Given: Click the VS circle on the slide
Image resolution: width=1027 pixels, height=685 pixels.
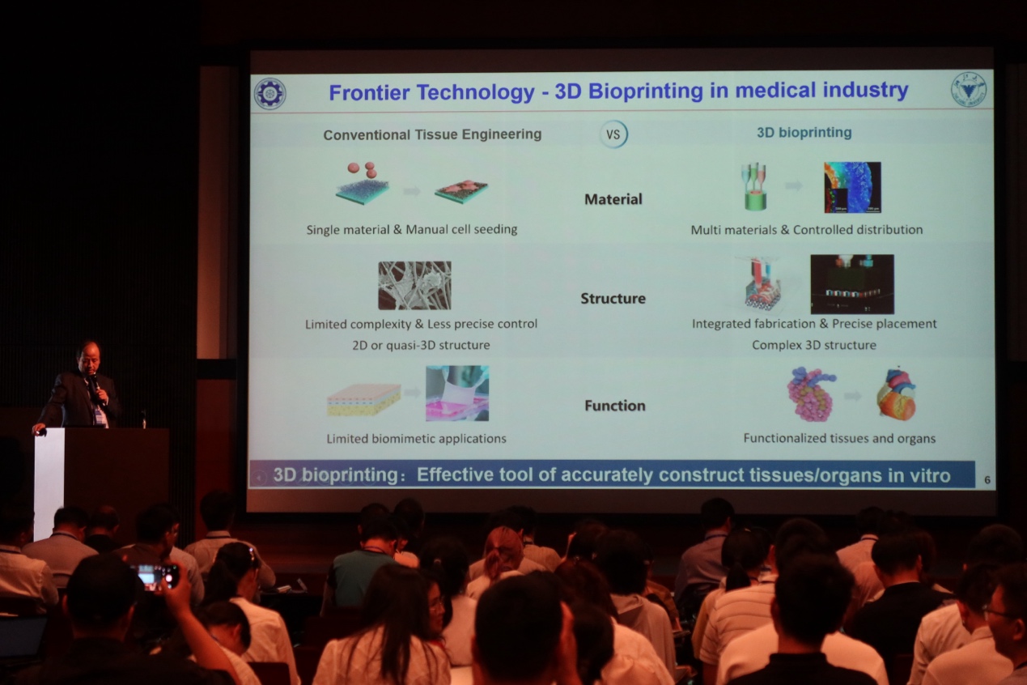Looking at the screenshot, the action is [613, 134].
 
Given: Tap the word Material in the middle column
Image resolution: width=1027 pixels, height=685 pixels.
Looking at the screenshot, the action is [613, 199].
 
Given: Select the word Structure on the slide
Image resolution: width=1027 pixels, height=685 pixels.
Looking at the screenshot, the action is [613, 299].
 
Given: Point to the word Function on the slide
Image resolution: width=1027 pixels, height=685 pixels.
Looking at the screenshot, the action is [615, 406].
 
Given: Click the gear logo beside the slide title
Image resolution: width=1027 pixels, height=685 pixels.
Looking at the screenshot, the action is [270, 94].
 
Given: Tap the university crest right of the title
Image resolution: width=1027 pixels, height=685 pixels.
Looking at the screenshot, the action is [969, 89].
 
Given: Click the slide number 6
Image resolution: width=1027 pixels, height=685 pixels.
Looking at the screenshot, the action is [987, 480].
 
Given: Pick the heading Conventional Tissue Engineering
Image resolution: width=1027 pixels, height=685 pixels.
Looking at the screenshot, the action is [432, 134].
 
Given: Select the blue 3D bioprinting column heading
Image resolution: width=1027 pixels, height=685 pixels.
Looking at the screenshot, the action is [804, 133].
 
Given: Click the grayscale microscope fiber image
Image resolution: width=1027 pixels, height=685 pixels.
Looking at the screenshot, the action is [414, 285].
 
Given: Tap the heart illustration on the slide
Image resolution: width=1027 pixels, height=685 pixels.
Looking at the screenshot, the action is [897, 394].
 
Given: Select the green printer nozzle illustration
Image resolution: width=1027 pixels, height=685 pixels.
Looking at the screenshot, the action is [754, 186].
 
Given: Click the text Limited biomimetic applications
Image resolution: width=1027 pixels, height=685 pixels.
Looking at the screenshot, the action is [416, 439].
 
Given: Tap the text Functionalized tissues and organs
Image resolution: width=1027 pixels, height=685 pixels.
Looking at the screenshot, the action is [839, 439].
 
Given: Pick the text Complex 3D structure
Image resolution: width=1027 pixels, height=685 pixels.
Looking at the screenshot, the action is [814, 345].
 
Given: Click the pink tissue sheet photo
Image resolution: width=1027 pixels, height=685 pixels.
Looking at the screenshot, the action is [457, 394].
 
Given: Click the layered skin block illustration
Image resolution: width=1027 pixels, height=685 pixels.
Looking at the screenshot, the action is [363, 400].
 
